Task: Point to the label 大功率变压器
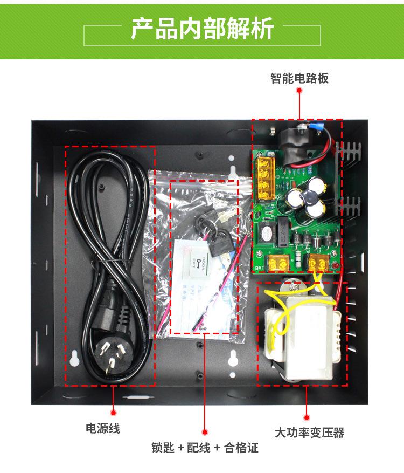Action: (x=309, y=433)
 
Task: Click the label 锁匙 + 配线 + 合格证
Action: (x=205, y=448)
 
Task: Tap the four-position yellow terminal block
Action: (x=264, y=175)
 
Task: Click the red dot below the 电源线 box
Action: (x=113, y=413)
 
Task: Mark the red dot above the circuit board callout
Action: (x=299, y=92)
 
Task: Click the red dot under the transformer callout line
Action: (x=307, y=417)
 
